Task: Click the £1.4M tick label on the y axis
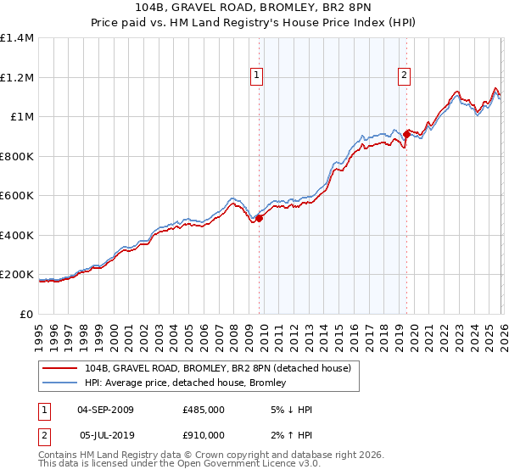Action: coord(17,38)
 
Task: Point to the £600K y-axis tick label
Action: coord(17,196)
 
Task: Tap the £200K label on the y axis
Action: coord(17,275)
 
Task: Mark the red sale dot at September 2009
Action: coord(259,219)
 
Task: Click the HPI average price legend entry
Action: coord(186,383)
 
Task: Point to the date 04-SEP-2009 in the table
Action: coord(105,410)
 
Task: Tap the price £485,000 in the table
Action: coord(203,410)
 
